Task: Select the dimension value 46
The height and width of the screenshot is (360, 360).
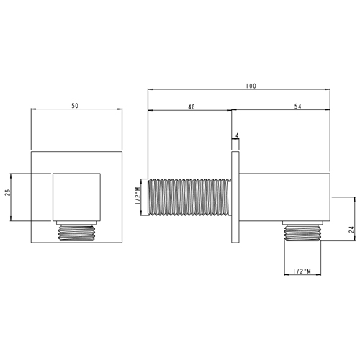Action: pos(191,107)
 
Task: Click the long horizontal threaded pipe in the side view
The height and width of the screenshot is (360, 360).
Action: pos(190,197)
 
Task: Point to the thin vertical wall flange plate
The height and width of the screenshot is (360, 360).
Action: pos(235,197)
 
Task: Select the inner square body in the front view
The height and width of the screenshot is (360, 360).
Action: pos(76,196)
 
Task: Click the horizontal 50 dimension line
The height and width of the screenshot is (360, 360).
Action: pos(77,111)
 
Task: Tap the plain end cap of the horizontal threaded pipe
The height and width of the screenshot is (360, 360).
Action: pos(145,197)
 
